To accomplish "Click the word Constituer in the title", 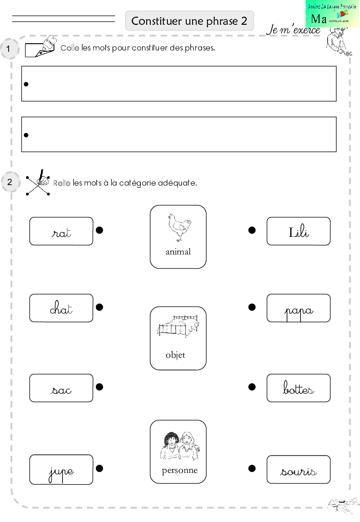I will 151,21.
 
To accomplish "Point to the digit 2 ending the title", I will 244,21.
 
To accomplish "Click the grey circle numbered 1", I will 9,48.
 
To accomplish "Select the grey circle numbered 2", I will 9,182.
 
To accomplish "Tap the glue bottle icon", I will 40,46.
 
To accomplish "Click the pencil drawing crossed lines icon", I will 38,182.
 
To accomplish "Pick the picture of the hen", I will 180,228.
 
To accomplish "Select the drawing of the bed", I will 178,326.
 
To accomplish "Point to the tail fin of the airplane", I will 355,499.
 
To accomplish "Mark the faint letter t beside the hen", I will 69,232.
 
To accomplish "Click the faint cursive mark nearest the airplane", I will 314,472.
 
